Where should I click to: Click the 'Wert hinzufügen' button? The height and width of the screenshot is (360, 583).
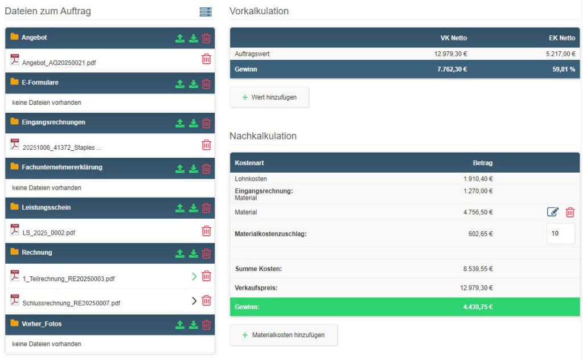(x=269, y=97)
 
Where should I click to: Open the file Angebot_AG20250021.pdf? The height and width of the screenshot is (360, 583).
(x=59, y=63)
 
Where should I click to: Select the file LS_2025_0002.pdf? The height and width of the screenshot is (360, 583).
(x=48, y=233)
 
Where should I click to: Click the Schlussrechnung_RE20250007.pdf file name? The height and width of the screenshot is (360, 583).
(x=71, y=303)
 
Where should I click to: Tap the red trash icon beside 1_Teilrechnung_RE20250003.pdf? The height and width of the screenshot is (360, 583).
(x=206, y=276)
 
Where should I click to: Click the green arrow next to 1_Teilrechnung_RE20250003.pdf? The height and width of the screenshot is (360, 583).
(x=194, y=276)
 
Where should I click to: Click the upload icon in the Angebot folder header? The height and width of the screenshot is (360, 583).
(x=180, y=38)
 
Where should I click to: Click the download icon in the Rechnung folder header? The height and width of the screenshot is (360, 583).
(x=194, y=253)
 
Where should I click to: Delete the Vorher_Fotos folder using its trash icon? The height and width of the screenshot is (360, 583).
(x=206, y=325)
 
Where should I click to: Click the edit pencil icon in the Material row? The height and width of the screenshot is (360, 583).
(x=552, y=212)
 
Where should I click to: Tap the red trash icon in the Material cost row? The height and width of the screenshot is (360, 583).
(x=570, y=212)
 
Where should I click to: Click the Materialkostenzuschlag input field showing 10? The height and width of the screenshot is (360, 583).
(x=560, y=234)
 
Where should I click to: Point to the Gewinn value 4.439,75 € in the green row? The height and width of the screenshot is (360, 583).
(x=478, y=307)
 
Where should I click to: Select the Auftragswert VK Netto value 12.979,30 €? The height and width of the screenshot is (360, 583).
(x=450, y=54)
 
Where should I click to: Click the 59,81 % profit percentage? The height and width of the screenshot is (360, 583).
(x=564, y=69)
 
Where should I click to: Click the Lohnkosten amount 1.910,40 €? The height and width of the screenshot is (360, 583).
(x=478, y=179)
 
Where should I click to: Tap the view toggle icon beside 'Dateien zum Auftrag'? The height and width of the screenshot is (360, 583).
(x=206, y=12)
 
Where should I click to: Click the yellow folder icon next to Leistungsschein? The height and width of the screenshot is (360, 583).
(x=14, y=207)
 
